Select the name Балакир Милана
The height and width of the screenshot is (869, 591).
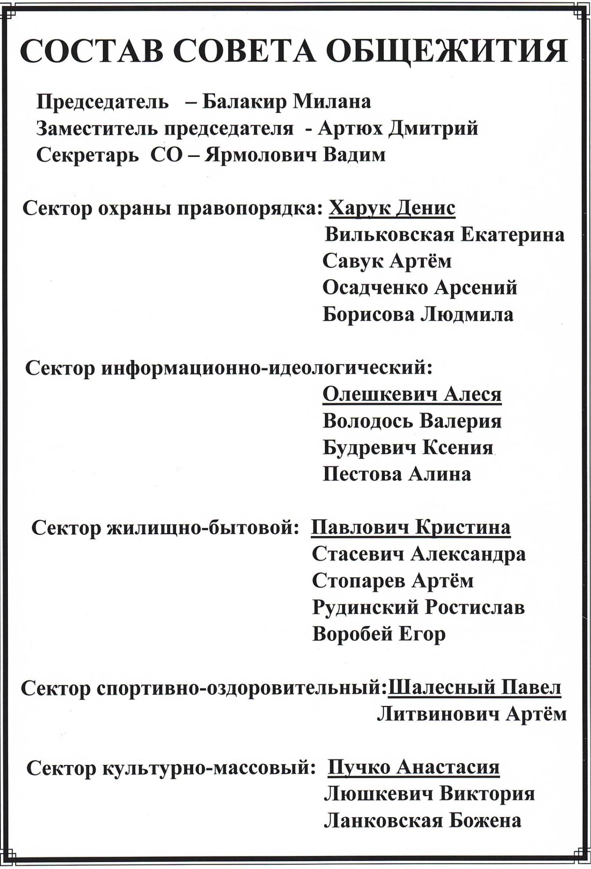[x=287, y=102]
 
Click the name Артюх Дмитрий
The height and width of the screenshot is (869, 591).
[x=398, y=129]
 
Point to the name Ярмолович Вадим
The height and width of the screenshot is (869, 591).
[x=296, y=155]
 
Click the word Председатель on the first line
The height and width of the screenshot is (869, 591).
[x=103, y=102]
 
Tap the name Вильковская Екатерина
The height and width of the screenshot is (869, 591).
[x=444, y=235]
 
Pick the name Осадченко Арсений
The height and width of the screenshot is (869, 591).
[x=420, y=288]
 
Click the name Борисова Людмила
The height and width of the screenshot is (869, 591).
[x=418, y=315]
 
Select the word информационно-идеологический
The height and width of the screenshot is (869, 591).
[x=267, y=369]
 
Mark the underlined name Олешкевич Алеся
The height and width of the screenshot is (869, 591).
[x=412, y=395]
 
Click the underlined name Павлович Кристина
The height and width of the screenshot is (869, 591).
[x=411, y=528]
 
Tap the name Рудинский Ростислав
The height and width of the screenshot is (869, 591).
[x=418, y=608]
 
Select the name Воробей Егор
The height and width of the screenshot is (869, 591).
[x=379, y=634]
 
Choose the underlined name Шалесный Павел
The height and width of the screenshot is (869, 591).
[x=474, y=688]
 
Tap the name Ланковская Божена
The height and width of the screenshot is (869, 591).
[x=422, y=821]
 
